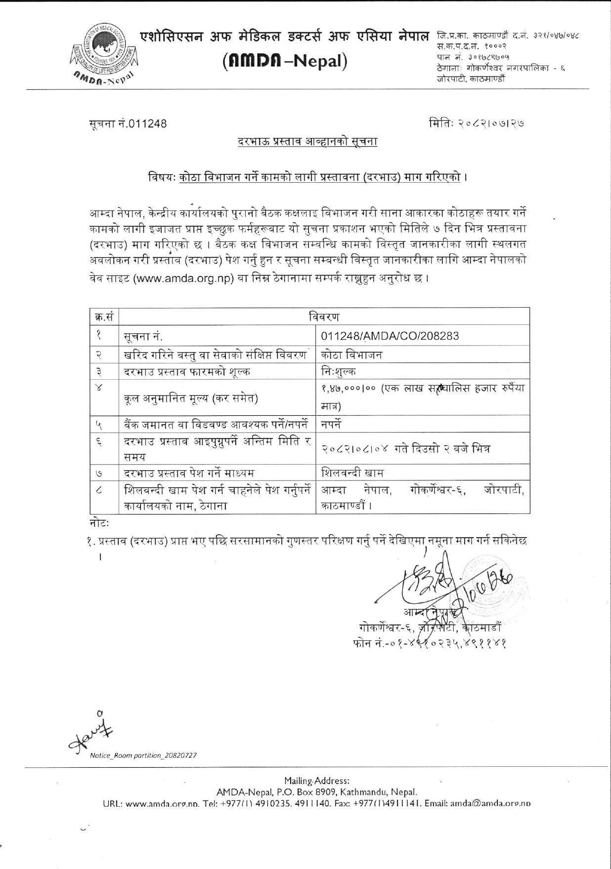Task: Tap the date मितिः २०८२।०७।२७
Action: tap(477, 122)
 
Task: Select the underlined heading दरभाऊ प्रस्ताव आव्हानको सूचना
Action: tap(307, 142)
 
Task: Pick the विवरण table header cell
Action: tap(324, 316)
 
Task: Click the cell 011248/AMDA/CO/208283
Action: tap(390, 336)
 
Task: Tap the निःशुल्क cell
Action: tap(339, 371)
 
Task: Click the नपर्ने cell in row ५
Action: tap(331, 424)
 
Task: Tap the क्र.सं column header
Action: tap(104, 316)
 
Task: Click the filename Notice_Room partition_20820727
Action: tap(143, 756)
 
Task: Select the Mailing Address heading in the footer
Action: tap(317, 781)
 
